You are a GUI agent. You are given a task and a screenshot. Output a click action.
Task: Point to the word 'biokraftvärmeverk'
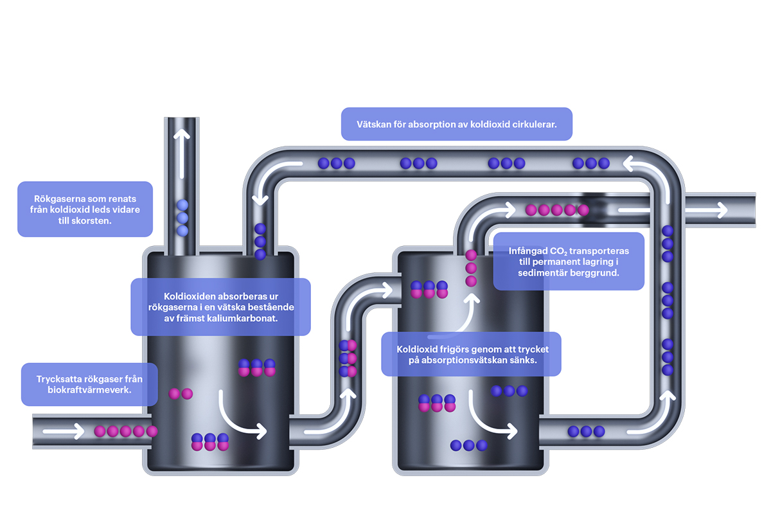[x=89, y=390]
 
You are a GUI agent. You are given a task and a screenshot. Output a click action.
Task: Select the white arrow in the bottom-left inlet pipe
[x=64, y=431]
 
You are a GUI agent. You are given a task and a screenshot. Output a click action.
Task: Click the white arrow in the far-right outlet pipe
[x=673, y=210]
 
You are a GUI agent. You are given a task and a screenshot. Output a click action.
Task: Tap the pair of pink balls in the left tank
[x=181, y=394]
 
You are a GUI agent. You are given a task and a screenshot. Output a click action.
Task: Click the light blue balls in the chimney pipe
[x=182, y=218]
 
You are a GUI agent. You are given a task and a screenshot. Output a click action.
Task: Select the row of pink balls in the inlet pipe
[x=126, y=431]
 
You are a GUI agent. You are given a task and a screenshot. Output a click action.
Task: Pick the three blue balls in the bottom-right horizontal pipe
[x=586, y=431]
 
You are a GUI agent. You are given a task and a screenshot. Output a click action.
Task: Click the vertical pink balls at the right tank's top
[x=471, y=268]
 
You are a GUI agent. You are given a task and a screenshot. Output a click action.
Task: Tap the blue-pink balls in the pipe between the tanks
[x=348, y=359]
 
